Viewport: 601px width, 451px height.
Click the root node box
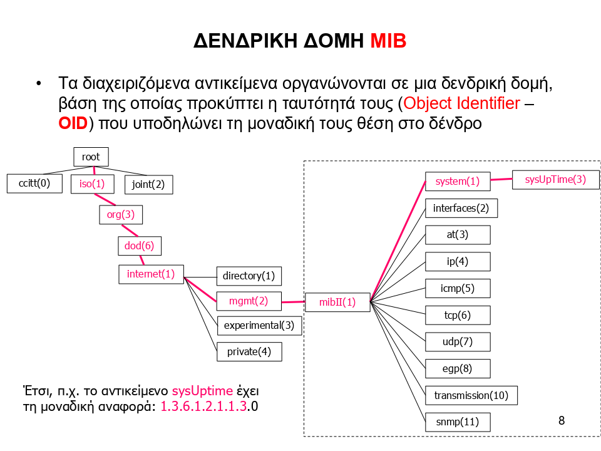(91, 157)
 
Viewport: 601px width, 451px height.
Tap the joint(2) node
(148, 184)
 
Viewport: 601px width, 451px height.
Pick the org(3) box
(121, 215)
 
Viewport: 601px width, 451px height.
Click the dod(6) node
(140, 246)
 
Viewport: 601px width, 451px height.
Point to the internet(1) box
(151, 274)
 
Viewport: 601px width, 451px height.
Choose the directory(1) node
(249, 276)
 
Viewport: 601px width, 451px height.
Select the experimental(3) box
(259, 325)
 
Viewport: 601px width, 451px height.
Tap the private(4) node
(249, 351)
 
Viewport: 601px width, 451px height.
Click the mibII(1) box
(337, 302)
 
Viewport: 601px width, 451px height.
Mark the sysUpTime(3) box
(555, 179)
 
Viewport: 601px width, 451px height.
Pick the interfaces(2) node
(461, 208)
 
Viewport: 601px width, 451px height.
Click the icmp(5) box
(458, 288)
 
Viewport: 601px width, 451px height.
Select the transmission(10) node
(471, 395)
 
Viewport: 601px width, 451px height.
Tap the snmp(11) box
(458, 422)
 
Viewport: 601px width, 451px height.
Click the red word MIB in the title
(388, 41)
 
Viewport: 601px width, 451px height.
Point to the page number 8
(562, 420)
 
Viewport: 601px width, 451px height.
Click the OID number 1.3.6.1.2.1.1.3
(203, 407)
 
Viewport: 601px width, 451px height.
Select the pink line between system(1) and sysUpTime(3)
(501, 180)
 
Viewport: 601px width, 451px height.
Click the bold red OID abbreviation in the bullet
(72, 123)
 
